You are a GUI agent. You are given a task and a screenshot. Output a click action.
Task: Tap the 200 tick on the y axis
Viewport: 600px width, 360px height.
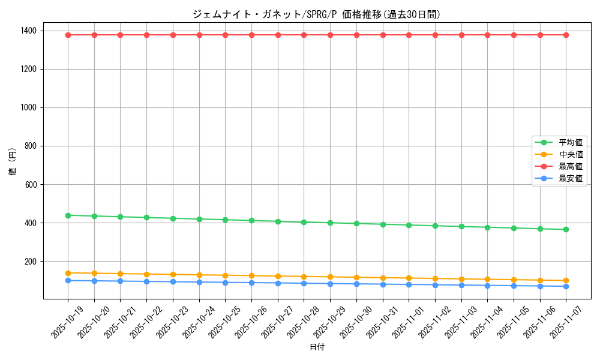pyautogui.click(x=30, y=262)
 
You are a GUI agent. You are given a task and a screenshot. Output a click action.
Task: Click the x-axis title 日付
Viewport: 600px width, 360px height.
pyautogui.click(x=317, y=347)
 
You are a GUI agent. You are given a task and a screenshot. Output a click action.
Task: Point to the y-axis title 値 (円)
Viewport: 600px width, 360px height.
pyautogui.click(x=13, y=162)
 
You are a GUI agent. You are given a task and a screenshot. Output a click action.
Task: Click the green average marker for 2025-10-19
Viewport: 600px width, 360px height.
pyautogui.click(x=68, y=215)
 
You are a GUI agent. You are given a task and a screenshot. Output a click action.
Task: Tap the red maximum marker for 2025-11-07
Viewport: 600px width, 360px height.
pyautogui.click(x=566, y=35)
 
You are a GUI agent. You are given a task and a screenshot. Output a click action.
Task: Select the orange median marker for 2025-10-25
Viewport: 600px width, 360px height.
pyautogui.click(x=225, y=275)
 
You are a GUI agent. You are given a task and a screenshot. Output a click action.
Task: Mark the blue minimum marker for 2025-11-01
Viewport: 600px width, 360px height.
pyautogui.click(x=409, y=284)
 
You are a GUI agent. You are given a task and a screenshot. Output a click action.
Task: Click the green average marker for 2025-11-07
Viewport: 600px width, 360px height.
pyautogui.click(x=566, y=229)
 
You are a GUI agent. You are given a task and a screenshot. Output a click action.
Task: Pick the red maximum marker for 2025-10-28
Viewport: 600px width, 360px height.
pyautogui.click(x=304, y=35)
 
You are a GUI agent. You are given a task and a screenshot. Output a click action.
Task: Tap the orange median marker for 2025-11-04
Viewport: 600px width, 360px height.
pyautogui.click(x=487, y=279)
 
